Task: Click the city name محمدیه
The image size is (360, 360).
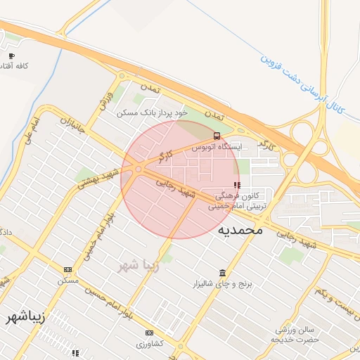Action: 240,229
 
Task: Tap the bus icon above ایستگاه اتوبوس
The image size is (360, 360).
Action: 217,136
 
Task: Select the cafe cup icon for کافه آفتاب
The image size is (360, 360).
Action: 11,56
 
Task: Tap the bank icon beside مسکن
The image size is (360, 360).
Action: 67,269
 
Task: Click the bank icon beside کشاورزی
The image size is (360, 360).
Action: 149,333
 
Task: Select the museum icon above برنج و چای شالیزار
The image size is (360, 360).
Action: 223,273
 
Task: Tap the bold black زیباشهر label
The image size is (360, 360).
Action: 25,316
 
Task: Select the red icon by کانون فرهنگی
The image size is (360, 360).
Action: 236,184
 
